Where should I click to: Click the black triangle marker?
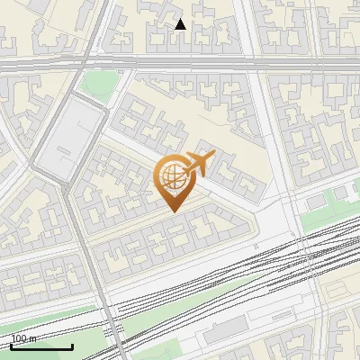click(x=180, y=24)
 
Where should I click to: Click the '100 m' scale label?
click(x=24, y=338)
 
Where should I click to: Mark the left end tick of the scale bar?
click(x=11, y=346)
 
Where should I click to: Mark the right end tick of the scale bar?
click(x=73, y=346)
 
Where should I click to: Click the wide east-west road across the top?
click(x=225, y=64)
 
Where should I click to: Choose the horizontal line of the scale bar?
click(x=41, y=347)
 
